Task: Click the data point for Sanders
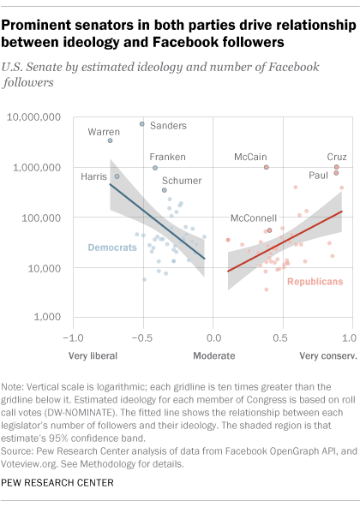142,124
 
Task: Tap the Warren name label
104,132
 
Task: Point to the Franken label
167,157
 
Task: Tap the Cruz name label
337,157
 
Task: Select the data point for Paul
336,173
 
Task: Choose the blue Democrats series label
113,248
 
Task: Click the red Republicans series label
315,280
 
